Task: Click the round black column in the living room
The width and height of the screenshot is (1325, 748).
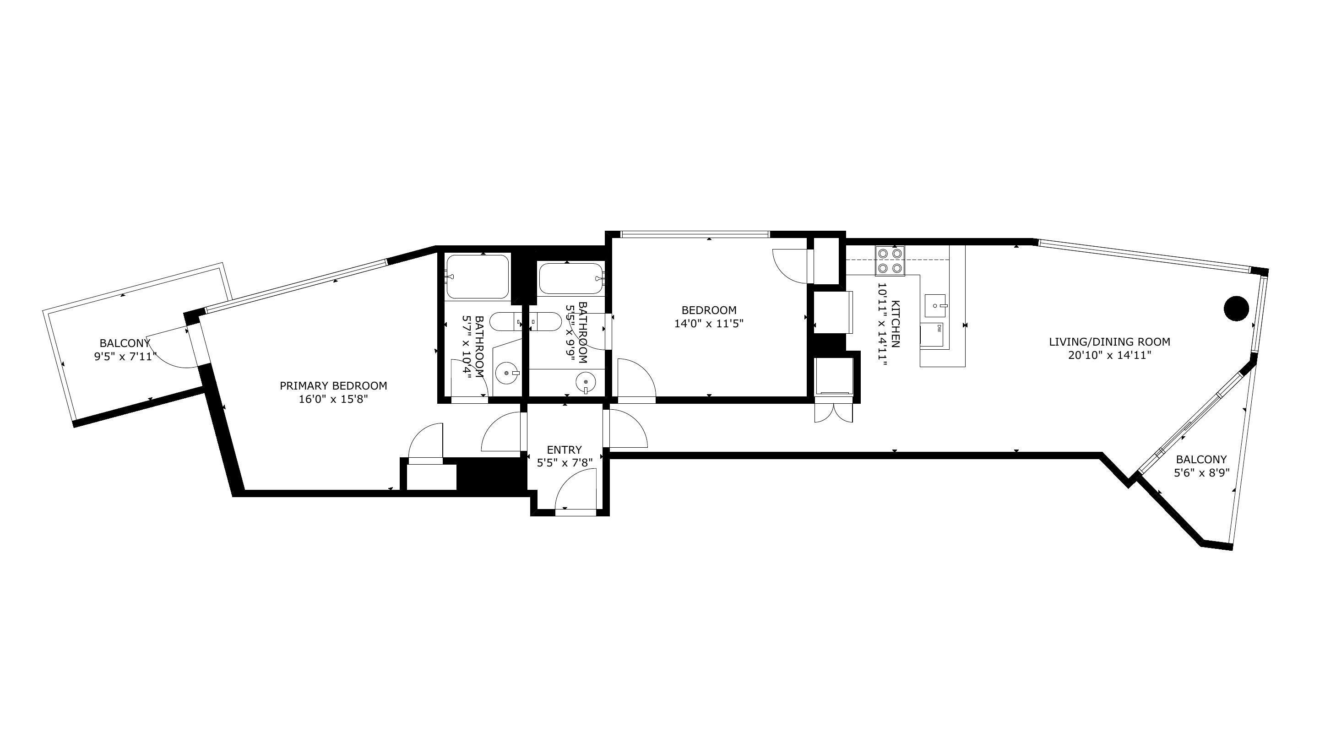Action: point(1236,309)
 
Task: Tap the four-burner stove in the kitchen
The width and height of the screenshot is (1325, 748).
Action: point(890,261)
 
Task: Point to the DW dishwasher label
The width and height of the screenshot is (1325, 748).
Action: point(939,328)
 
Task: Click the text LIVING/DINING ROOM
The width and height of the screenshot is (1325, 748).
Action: point(1109,341)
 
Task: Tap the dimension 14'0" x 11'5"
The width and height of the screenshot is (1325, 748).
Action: point(709,324)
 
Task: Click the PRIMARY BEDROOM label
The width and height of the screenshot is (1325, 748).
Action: point(333,385)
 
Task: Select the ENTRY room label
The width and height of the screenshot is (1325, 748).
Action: point(564,450)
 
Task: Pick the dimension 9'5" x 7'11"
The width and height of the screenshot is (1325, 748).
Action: point(125,356)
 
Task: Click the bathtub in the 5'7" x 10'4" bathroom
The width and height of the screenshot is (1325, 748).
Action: point(478,277)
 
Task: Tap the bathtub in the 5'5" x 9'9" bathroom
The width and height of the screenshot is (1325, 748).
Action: point(570,279)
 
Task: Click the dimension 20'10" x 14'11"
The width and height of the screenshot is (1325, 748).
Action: point(1109,355)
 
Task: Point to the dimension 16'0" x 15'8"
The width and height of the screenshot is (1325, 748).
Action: point(333,399)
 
